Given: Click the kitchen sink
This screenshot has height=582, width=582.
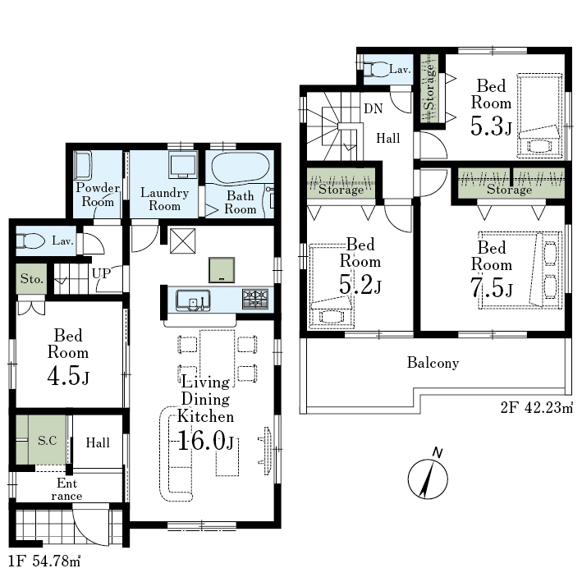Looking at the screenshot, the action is [x=193, y=300].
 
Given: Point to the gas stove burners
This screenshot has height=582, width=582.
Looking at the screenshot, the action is [x=255, y=299].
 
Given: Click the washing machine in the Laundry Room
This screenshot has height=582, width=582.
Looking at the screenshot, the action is [x=182, y=164].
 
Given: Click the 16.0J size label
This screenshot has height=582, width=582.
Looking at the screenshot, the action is [x=206, y=441].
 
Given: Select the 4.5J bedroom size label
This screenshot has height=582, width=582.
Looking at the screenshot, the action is [x=68, y=376].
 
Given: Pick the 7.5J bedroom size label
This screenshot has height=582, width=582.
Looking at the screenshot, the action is [x=492, y=287].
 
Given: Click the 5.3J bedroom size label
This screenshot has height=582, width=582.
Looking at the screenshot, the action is [x=491, y=126].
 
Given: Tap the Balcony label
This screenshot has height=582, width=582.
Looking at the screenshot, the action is [x=433, y=363].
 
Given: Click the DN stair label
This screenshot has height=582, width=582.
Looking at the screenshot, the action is [x=373, y=108].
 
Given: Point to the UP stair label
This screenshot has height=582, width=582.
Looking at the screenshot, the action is [x=101, y=273].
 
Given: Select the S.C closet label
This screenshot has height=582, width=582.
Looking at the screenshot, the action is [x=48, y=441].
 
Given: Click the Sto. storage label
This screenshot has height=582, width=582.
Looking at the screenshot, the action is [x=31, y=278].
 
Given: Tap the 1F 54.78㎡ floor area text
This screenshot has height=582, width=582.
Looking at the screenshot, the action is [x=44, y=561].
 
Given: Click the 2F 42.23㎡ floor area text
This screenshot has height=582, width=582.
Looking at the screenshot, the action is [x=536, y=408].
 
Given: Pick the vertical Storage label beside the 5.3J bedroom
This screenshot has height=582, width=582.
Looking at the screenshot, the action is [x=429, y=88].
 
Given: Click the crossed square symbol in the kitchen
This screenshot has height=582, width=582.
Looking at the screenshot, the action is [x=182, y=241].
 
